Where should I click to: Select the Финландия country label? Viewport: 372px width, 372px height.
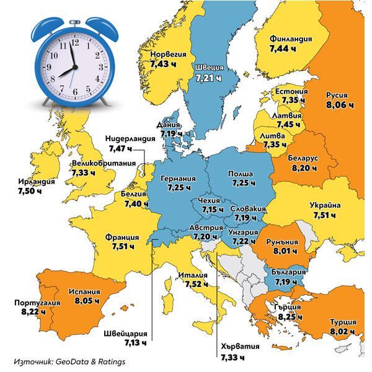(x=291, y=38)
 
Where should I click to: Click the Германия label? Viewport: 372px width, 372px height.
(x=178, y=179)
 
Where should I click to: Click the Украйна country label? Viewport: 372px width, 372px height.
(x=325, y=206)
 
